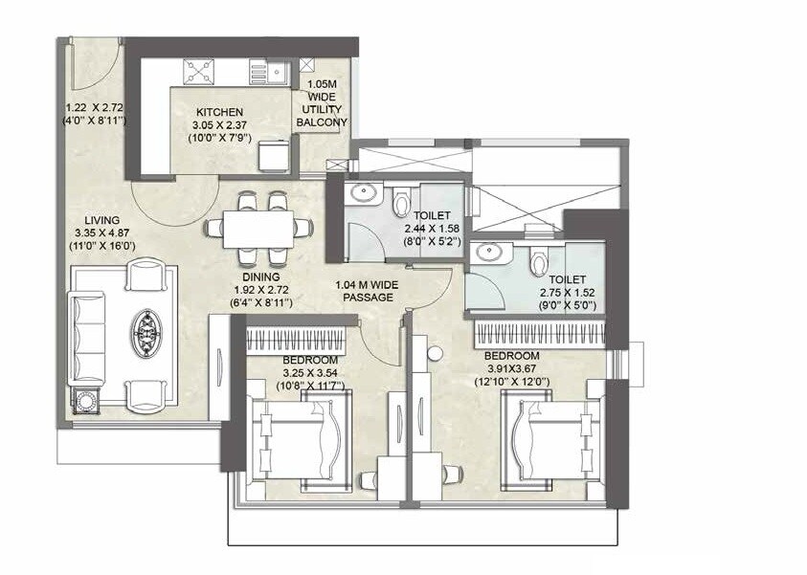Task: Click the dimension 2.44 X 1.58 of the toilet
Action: [x=435, y=230]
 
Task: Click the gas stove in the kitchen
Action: [x=198, y=70]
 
